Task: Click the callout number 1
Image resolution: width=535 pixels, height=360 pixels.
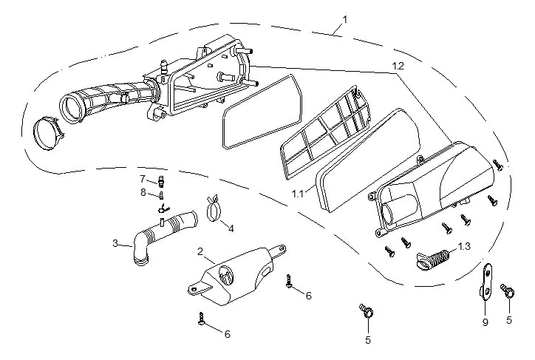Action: pyautogui.click(x=344, y=18)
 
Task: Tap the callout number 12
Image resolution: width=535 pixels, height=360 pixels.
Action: pyautogui.click(x=398, y=67)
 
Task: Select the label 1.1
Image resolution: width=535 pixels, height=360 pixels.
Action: pyautogui.click(x=298, y=194)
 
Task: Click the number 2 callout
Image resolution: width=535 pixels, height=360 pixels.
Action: pyautogui.click(x=200, y=252)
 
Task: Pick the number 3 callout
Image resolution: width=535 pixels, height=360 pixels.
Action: pyautogui.click(x=115, y=242)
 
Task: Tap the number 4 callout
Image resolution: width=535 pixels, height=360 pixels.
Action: pyautogui.click(x=231, y=228)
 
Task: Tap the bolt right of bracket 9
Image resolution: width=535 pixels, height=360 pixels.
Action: pyautogui.click(x=508, y=291)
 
